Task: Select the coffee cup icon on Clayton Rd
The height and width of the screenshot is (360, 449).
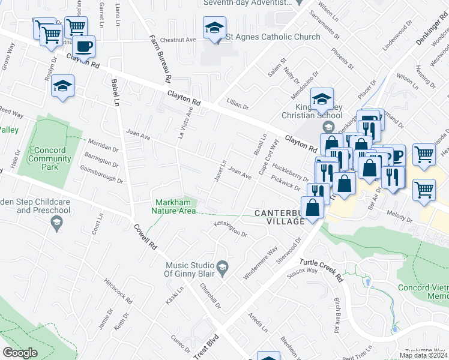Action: (x=85, y=46)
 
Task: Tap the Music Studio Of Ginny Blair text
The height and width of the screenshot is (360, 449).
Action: (x=189, y=270)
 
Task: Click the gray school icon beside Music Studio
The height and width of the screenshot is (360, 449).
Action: (x=221, y=268)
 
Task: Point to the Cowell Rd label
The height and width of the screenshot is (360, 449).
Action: (x=145, y=238)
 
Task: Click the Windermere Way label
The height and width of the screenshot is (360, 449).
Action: (x=261, y=263)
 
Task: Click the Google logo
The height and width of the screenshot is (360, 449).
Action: (x=20, y=353)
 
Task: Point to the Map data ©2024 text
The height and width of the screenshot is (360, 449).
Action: (x=423, y=355)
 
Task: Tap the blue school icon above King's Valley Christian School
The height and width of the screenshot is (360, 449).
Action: (x=322, y=99)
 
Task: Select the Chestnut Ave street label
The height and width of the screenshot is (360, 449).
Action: (x=173, y=40)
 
